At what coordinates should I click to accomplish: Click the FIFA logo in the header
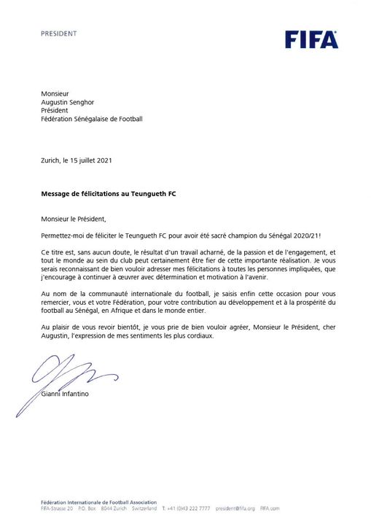click(x=311, y=39)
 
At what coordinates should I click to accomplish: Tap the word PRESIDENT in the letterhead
click(x=58, y=34)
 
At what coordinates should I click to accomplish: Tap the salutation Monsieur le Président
click(x=74, y=217)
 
